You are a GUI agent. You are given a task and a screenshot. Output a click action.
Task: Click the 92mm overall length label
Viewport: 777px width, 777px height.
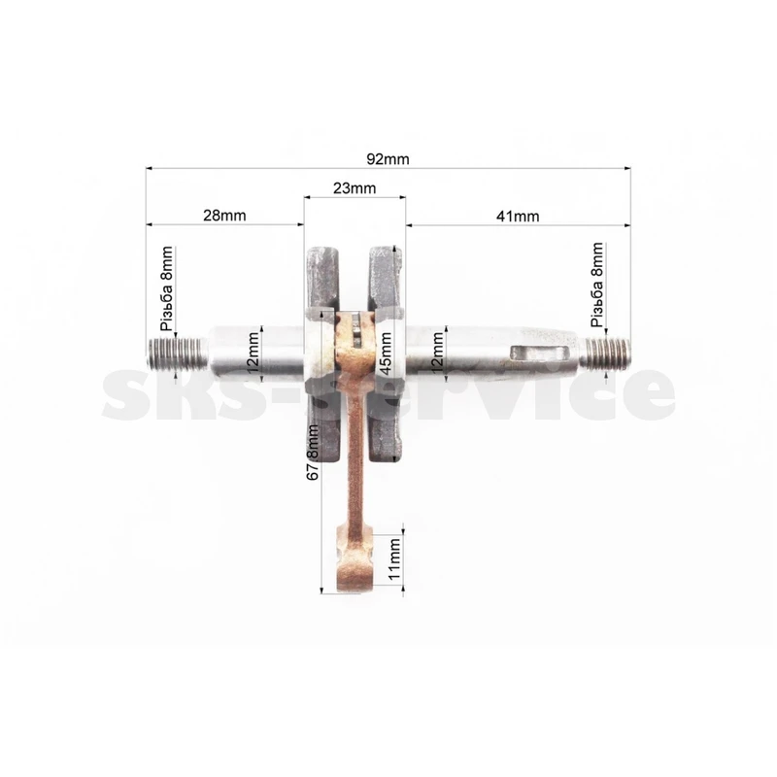click(388, 159)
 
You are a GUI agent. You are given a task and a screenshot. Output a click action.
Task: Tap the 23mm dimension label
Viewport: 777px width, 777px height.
click(355, 188)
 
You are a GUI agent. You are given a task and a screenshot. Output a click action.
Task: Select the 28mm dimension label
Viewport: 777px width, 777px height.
click(224, 216)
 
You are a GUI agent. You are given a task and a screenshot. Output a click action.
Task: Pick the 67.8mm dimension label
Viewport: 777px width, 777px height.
click(313, 452)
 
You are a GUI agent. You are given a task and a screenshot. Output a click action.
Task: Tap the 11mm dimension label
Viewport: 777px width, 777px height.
click(394, 560)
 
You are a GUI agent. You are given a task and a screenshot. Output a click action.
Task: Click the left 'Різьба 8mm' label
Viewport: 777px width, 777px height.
click(167, 288)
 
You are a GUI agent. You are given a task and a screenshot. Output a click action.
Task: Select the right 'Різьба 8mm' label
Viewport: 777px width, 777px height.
click(598, 285)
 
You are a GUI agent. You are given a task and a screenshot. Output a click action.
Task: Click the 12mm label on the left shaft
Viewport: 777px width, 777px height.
click(253, 353)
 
